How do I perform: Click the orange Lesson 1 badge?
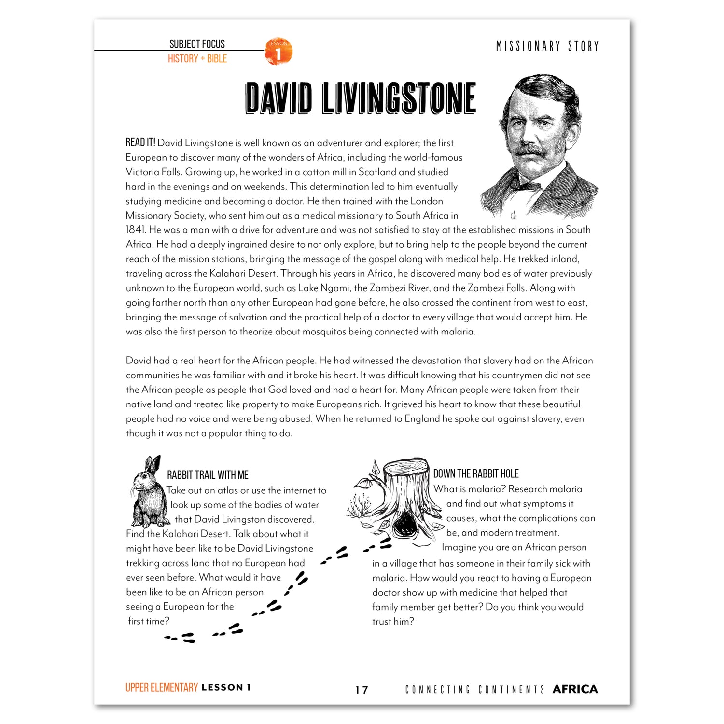278,52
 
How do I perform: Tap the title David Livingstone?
361,98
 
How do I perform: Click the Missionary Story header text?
547,46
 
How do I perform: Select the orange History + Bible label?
197,59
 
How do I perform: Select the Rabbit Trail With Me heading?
208,475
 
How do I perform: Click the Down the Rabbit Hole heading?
476,473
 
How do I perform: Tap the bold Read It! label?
140,142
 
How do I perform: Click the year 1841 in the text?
136,230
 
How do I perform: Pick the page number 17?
362,690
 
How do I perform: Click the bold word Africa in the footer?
575,689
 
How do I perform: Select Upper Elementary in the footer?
162,687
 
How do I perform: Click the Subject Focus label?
197,44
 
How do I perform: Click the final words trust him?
393,622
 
